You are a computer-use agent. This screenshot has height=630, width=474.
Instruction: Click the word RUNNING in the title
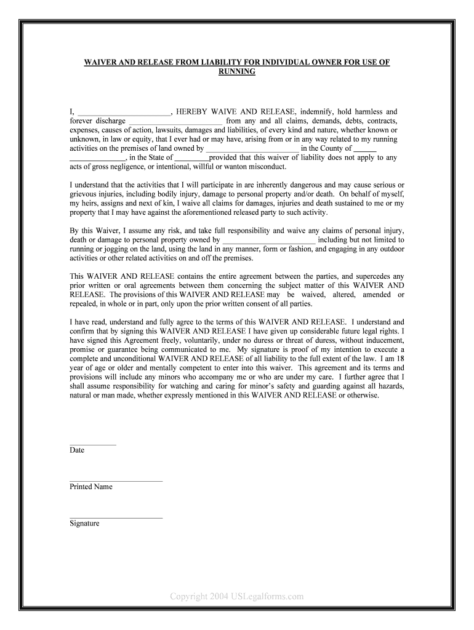tap(237, 72)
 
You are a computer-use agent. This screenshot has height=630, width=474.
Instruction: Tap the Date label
tap(77, 450)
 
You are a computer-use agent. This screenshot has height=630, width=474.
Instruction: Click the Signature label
tap(84, 524)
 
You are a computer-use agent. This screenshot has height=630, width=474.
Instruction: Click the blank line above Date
tap(93, 444)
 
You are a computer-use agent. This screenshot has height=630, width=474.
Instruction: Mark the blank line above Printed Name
tap(116, 480)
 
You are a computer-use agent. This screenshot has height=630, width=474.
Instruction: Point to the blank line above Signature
tap(116, 517)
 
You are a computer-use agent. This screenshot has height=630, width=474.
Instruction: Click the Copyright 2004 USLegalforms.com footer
tap(237, 596)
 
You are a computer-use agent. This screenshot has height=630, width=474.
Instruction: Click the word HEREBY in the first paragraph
tap(193, 112)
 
